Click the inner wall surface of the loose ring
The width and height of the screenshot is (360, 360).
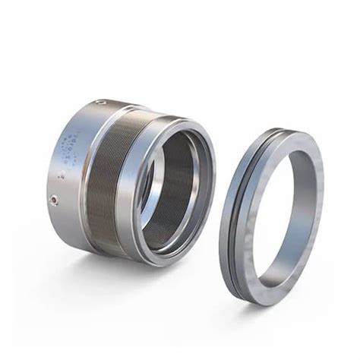[x=251, y=228]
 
